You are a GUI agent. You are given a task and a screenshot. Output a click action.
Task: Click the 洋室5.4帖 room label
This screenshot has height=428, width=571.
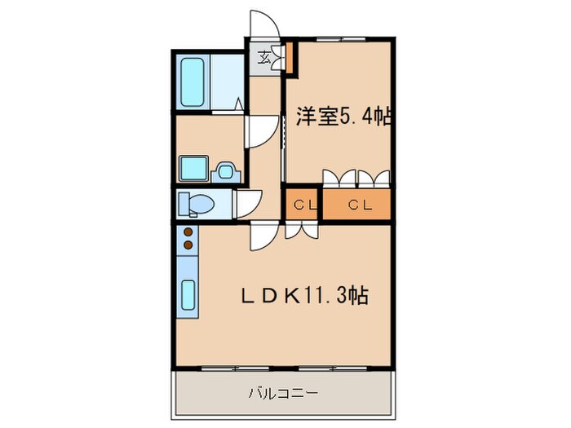[343, 116]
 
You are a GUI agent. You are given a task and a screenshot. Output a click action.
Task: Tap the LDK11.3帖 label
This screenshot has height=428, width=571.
[305, 295]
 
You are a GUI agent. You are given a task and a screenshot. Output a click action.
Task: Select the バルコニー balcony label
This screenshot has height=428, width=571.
[283, 394]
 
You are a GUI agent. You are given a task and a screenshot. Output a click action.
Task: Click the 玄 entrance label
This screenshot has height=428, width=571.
[264, 57]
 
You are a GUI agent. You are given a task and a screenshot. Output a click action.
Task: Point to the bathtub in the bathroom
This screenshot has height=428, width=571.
[193, 82]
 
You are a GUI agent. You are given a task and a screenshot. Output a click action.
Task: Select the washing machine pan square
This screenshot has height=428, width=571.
[194, 169]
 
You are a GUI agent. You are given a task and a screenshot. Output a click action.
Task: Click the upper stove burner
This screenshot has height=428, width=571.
[188, 232]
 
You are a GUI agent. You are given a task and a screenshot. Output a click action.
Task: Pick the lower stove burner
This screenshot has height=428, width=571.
[188, 245]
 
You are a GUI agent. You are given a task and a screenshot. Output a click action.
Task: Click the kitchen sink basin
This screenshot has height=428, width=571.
[188, 295]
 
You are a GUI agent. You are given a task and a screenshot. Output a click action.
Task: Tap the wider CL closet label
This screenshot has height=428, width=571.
[361, 205]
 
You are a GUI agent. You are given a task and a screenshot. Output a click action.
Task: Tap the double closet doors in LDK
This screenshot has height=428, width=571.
[302, 231]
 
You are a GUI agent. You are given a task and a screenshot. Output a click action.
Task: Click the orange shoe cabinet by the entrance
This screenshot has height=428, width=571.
[289, 58]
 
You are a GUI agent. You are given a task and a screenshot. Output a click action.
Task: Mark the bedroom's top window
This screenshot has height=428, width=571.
[341, 39]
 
